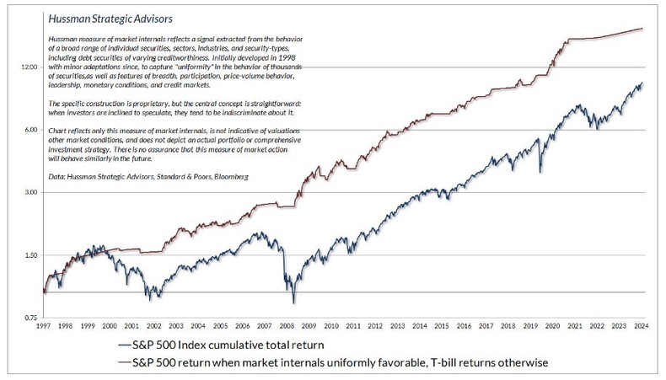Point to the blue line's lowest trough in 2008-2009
pyautogui.click(x=293, y=302)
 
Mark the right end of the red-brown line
pyautogui.click(x=642, y=29)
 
